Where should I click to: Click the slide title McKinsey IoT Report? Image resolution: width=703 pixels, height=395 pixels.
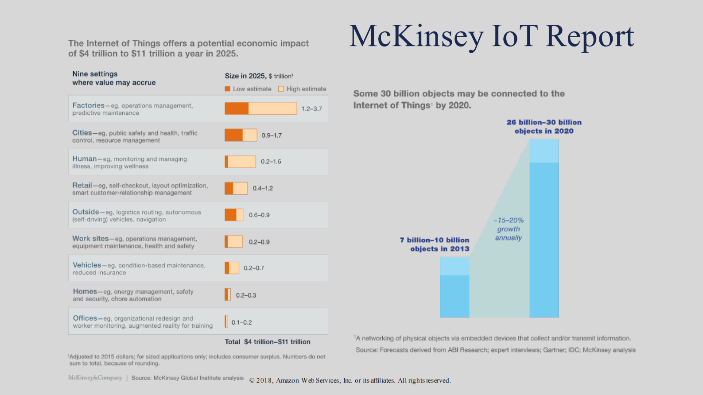coord(491,36)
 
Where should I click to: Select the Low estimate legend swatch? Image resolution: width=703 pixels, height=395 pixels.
coord(227,89)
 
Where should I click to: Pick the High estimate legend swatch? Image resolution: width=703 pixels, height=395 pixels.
coord(281,89)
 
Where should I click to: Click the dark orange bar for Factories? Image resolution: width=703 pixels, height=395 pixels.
coord(236,108)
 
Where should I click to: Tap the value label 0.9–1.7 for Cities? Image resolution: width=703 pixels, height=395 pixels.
coord(272,136)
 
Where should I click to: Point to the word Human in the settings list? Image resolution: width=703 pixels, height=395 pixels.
coord(85,159)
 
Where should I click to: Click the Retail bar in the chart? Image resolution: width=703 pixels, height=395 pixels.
coord(236,188)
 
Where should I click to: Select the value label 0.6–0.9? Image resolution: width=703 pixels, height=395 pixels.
coord(259,215)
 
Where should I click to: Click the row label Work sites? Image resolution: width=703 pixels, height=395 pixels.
coord(90,239)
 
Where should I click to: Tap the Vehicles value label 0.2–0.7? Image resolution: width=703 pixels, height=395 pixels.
coord(254,268)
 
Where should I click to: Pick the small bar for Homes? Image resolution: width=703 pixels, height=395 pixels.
coord(228,295)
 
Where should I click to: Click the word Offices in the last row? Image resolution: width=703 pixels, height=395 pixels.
coord(85,318)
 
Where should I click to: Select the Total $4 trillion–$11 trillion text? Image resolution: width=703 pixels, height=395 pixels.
coord(268,342)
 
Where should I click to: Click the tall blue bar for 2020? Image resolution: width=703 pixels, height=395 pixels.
coord(544,239)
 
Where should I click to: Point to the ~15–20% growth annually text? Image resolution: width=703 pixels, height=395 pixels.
coord(509,229)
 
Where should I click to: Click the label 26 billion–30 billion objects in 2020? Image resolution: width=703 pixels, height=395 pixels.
coord(544,127)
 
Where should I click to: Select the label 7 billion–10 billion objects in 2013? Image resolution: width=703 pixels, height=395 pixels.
coord(435,244)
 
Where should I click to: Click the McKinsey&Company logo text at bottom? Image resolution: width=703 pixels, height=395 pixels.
coord(95,378)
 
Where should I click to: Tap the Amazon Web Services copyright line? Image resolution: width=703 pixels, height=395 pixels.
coord(350,380)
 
